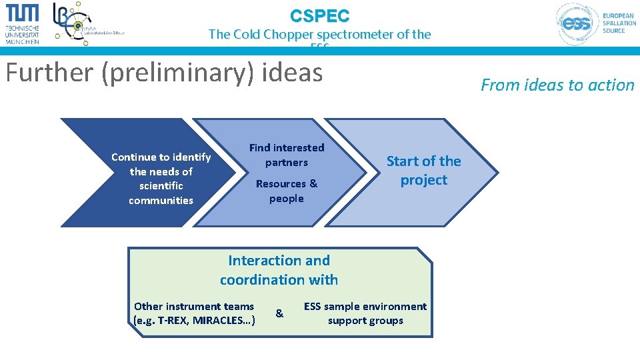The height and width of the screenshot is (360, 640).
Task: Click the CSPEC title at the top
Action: click(x=319, y=15)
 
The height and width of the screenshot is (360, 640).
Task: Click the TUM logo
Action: click(x=23, y=23)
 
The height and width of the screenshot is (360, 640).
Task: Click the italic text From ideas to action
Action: click(x=557, y=85)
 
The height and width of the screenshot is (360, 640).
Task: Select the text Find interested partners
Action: click(x=287, y=155)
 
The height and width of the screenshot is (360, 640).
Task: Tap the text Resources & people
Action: click(x=287, y=191)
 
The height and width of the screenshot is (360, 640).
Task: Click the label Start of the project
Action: click(x=424, y=171)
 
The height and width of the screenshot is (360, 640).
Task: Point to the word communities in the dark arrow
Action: click(x=161, y=201)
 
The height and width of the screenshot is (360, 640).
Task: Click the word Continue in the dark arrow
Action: click(x=132, y=157)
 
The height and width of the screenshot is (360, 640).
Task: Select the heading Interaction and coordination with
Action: click(x=279, y=270)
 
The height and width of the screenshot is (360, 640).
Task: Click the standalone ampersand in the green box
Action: click(x=279, y=313)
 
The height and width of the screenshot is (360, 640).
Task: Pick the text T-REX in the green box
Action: click(x=173, y=321)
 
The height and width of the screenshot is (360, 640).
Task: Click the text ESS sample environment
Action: click(x=365, y=307)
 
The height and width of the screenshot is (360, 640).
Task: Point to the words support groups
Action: click(x=365, y=321)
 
